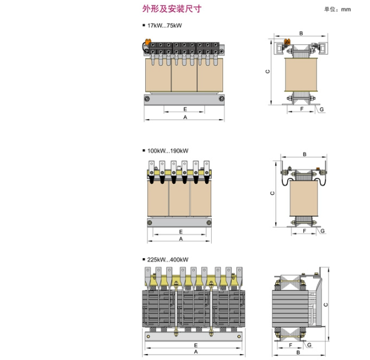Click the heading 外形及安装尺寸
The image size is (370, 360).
pyautogui.click(x=164, y=9)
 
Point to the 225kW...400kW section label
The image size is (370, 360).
pyautogui.click(x=167, y=259)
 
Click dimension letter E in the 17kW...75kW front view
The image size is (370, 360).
pyautogui.click(x=185, y=109)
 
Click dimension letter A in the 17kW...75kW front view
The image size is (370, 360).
pyautogui.click(x=185, y=118)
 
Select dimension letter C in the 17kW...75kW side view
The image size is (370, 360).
pyautogui.click(x=268, y=71)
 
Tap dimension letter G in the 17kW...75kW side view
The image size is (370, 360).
pyautogui.click(x=322, y=110)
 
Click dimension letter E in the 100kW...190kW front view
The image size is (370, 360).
pyautogui.click(x=180, y=231)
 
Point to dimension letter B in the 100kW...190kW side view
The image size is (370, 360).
pyautogui.click(x=304, y=155)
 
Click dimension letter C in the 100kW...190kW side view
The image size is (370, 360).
pyautogui.click(x=272, y=193)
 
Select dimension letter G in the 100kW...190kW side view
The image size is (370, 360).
pyautogui.click(x=323, y=231)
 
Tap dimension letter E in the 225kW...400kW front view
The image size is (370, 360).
pyautogui.click(x=196, y=346)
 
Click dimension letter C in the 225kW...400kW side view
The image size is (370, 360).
pyautogui.click(x=324, y=304)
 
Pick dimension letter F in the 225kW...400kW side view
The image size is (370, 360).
pyautogui.click(x=290, y=346)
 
